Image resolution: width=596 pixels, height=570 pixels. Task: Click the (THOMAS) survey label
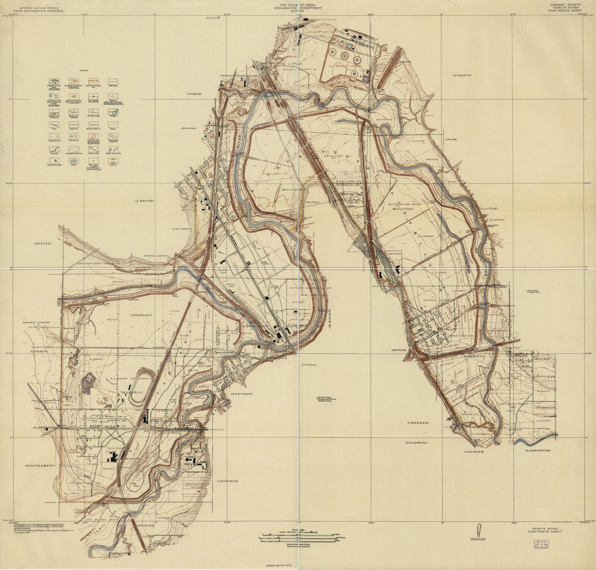pyautogui.click(x=194, y=94)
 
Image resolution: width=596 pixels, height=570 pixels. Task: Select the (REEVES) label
pyautogui.click(x=42, y=243)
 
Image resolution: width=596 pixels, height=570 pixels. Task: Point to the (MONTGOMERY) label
pyautogui.click(x=40, y=465)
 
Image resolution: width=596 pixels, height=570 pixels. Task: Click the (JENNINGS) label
pyautogui.click(x=227, y=481)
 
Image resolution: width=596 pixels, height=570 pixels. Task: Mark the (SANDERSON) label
pyautogui.click(x=536, y=450)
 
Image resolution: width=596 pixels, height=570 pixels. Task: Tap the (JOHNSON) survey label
pyautogui.click(x=418, y=422)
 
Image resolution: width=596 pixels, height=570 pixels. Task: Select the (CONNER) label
pyautogui.click(x=39, y=351)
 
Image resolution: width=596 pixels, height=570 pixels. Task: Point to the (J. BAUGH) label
pyautogui.click(x=145, y=200)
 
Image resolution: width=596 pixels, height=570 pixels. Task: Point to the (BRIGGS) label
pyautogui.click(x=399, y=350)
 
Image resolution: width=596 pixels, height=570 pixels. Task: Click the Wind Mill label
pyautogui.click(x=451, y=140)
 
